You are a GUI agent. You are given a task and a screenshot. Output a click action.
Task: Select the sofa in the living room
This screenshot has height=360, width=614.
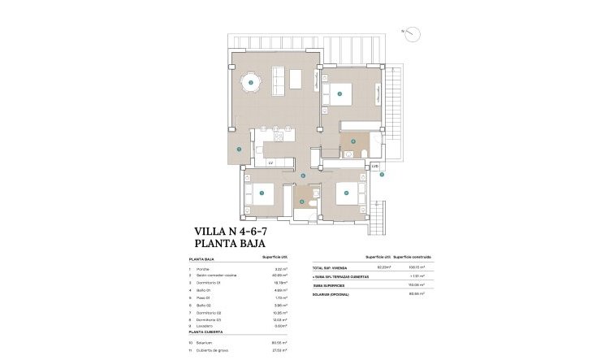(x=278, y=79)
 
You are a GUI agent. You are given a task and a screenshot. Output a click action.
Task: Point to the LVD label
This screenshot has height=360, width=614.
(x=374, y=167)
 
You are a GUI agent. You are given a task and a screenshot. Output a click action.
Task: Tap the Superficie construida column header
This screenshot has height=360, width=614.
(x=412, y=256)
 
